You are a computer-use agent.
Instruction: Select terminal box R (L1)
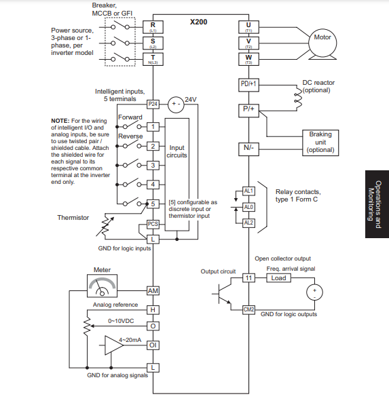[x=153, y=27]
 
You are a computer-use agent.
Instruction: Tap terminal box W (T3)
[x=248, y=58]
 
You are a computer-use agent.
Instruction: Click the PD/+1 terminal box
[x=248, y=85]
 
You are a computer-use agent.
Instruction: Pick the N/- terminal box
[x=248, y=147]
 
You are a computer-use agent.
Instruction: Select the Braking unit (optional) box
[x=320, y=142]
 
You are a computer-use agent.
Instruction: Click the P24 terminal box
[x=153, y=104]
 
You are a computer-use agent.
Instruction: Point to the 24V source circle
[x=175, y=104]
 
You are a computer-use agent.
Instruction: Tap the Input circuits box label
[x=177, y=151]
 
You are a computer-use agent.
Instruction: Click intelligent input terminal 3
[x=153, y=165]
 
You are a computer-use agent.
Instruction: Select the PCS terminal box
[x=153, y=224]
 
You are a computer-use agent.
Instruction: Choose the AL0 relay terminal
[x=248, y=206]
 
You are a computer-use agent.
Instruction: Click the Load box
[x=278, y=278]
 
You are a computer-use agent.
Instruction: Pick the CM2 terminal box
[x=248, y=309]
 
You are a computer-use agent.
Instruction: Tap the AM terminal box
[x=153, y=290]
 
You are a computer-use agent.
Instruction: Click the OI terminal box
[x=153, y=345]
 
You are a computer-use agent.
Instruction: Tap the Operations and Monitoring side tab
[x=375, y=201]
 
